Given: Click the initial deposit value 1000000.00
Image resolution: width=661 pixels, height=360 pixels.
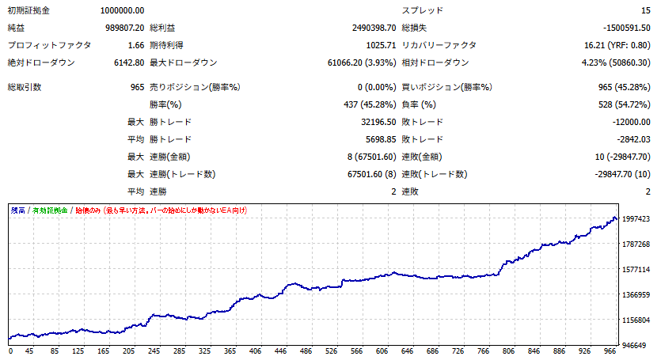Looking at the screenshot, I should pyautogui.click(x=123, y=10).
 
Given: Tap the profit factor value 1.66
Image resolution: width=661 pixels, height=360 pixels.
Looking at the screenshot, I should pyautogui.click(x=135, y=45).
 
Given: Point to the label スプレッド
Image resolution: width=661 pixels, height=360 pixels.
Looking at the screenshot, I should pyautogui.click(x=423, y=10).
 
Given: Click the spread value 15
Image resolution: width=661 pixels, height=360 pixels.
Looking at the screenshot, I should pyautogui.click(x=646, y=10).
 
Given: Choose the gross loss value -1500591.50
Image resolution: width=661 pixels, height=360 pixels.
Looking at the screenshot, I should pyautogui.click(x=621, y=28).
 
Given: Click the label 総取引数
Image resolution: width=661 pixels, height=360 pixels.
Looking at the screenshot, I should pyautogui.click(x=25, y=87).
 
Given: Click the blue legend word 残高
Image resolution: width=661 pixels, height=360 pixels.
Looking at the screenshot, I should pyautogui.click(x=17, y=210).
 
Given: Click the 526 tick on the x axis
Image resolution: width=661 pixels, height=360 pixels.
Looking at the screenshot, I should pyautogui.click(x=331, y=351).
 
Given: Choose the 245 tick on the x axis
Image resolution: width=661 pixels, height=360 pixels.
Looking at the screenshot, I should pyautogui.click(x=154, y=351).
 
